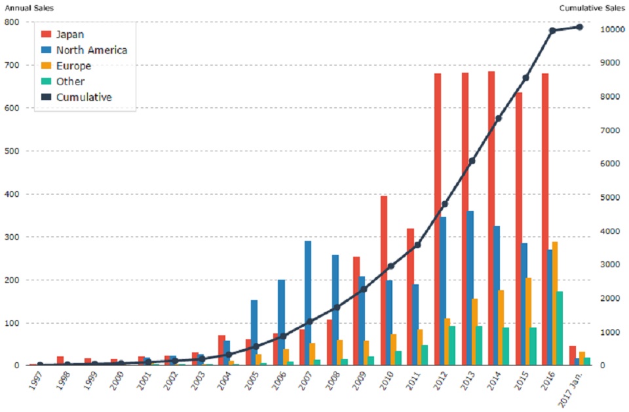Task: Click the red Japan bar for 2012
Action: click(x=437, y=219)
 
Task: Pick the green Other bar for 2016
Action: click(x=560, y=328)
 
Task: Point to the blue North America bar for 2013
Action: click(x=469, y=288)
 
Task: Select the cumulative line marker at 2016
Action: click(x=552, y=31)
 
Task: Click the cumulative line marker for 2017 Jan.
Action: click(x=579, y=27)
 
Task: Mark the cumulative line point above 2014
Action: click(x=498, y=119)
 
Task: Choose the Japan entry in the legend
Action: click(x=70, y=34)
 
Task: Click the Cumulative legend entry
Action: click(x=84, y=97)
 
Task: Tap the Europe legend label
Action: click(x=73, y=66)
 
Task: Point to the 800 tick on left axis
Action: click(x=11, y=22)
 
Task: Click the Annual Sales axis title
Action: click(x=29, y=8)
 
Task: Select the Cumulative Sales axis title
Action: click(x=592, y=8)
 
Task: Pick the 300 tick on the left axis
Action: click(x=11, y=237)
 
